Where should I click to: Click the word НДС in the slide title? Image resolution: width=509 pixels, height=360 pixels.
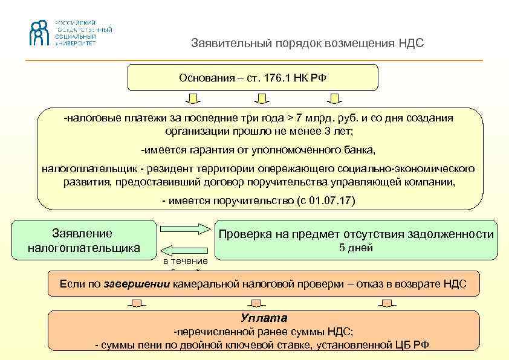point(411,43)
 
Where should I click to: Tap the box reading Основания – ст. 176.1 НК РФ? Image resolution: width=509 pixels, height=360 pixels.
point(253,78)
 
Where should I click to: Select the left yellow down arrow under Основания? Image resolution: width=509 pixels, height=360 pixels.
point(192,98)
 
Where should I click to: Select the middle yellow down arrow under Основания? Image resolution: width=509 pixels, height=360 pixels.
point(261,98)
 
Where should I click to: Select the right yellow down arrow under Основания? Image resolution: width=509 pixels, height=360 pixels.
point(335,98)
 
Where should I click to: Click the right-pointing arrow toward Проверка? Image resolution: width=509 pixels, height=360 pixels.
point(184,228)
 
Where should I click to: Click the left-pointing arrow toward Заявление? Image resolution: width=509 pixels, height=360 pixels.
point(185,249)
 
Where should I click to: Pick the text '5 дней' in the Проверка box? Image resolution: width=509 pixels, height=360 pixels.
point(355,248)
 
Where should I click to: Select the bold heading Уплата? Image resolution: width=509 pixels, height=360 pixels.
point(264,318)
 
